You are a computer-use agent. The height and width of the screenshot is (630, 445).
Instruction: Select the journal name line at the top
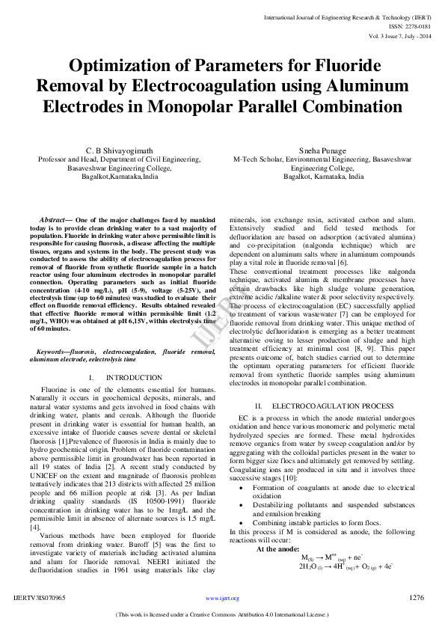pos(346,16)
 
